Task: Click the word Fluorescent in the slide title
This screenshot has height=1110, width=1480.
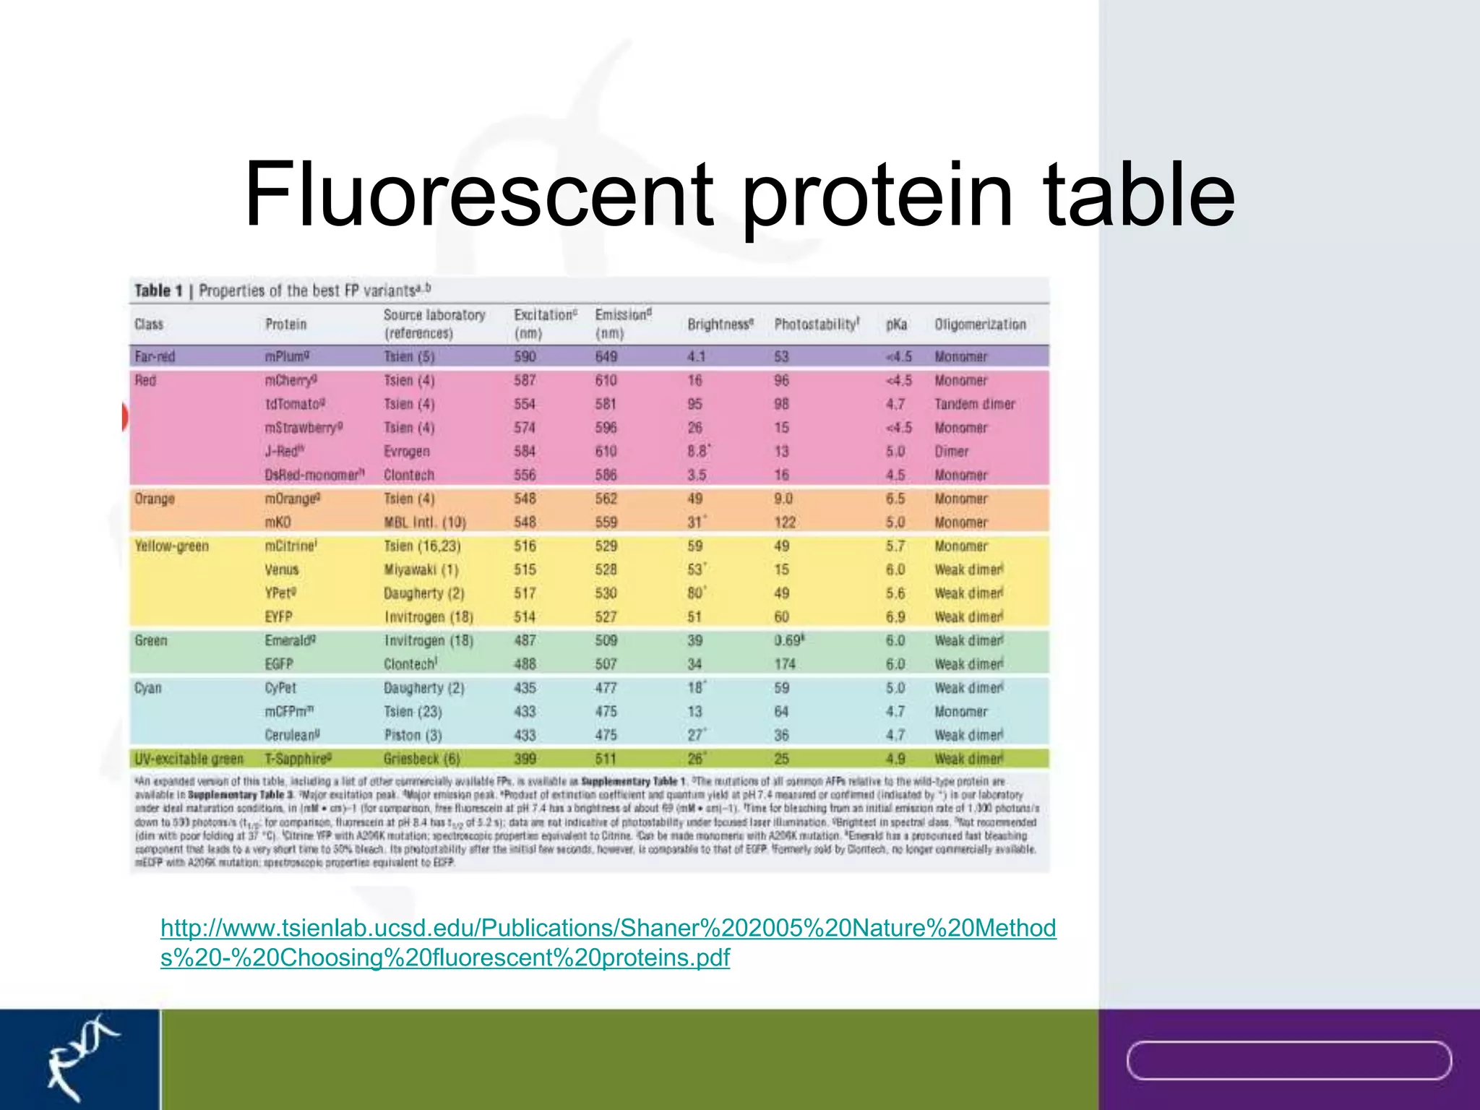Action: tap(477, 195)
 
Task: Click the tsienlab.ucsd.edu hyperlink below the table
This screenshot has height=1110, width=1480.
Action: tap(608, 942)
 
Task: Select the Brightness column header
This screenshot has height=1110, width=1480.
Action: tap(720, 324)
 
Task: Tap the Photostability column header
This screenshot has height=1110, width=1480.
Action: tap(817, 324)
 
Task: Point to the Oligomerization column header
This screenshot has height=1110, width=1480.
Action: tap(980, 324)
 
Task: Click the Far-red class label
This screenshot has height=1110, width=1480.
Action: tap(155, 356)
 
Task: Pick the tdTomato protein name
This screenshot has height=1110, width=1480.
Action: tap(294, 404)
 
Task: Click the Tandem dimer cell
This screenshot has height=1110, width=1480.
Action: tap(974, 404)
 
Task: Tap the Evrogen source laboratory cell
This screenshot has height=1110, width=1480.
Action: tap(406, 452)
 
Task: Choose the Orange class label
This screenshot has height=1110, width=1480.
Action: tap(155, 499)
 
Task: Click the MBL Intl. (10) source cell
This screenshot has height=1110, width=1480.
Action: tap(424, 522)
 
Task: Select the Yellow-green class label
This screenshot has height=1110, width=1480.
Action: tap(171, 546)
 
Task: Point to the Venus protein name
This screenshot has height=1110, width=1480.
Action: tap(281, 569)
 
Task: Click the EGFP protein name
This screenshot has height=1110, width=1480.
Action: tap(278, 664)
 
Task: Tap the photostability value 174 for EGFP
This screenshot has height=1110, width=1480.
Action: tap(785, 664)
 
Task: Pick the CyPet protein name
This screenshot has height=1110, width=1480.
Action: tap(280, 688)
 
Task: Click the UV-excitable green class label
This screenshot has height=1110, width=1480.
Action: tap(189, 759)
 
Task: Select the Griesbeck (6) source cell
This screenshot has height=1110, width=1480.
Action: tap(421, 759)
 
